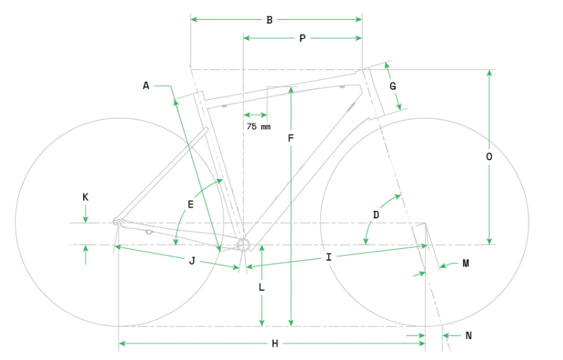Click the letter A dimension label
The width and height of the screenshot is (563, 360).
[146, 86]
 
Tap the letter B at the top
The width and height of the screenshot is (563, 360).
[270, 20]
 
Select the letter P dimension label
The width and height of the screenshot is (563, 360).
[302, 39]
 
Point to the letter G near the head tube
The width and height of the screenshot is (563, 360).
[393, 86]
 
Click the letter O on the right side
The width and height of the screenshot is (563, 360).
[489, 156]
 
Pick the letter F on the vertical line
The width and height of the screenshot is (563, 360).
[291, 138]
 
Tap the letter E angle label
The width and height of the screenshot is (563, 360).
[190, 204]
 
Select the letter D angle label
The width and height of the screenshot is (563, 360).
[376, 215]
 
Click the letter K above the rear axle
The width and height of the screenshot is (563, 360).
[85, 197]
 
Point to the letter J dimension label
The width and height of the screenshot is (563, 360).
[192, 261]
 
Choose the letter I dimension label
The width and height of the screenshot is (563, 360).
[329, 257]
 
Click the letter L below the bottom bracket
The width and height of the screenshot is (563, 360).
[262, 287]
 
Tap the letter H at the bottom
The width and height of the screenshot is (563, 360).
[275, 344]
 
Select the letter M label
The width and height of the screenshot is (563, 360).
[466, 264]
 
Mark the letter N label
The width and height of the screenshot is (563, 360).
[469, 335]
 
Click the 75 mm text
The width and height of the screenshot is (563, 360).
[258, 126]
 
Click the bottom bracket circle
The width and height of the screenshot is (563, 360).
[243, 245]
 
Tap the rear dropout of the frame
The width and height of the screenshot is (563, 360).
[117, 222]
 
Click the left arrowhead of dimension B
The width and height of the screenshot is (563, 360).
[194, 19]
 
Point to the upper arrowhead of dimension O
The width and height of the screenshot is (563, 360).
[489, 73]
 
